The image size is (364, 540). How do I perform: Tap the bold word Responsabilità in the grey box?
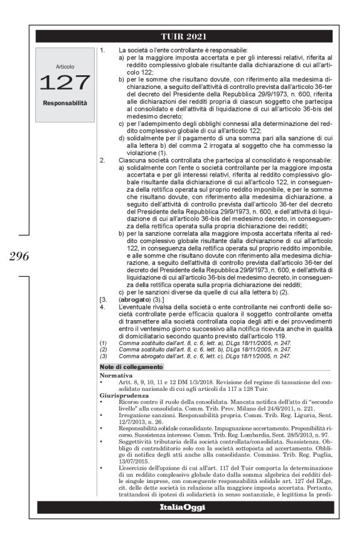(65, 101)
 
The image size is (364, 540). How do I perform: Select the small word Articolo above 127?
(65, 66)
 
